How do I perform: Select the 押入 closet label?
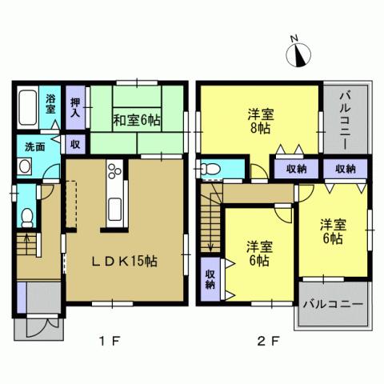click(74, 107)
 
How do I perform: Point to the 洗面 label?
click(34, 147)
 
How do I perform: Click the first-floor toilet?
click(26, 216)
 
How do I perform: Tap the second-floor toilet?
click(210, 170)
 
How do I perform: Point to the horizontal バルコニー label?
click(334, 305)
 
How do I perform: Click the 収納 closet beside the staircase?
click(210, 278)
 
